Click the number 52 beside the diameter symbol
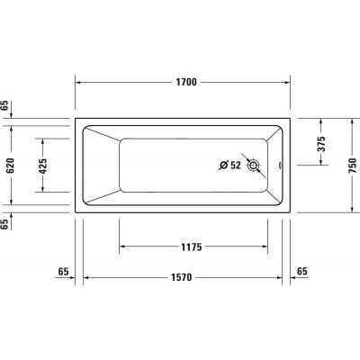pyautogui.click(x=236, y=165)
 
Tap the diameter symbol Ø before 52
pyautogui.click(x=224, y=165)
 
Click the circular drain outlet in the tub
pyautogui.click(x=255, y=165)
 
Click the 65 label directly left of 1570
pyautogui.click(x=63, y=270)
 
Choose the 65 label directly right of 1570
pyautogui.click(x=301, y=270)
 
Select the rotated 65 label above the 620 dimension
pyautogui.click(x=5, y=106)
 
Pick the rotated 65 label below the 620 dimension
pyautogui.click(x=5, y=223)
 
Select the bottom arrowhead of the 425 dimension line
pyautogui.click(x=43, y=191)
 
